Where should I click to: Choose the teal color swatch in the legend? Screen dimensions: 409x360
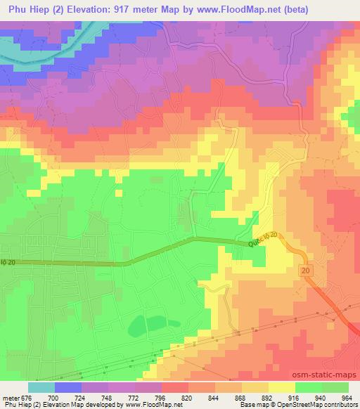point(41,387)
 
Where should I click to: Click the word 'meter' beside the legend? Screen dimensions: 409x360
point(11,397)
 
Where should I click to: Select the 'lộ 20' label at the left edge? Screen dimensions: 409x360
point(8,262)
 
